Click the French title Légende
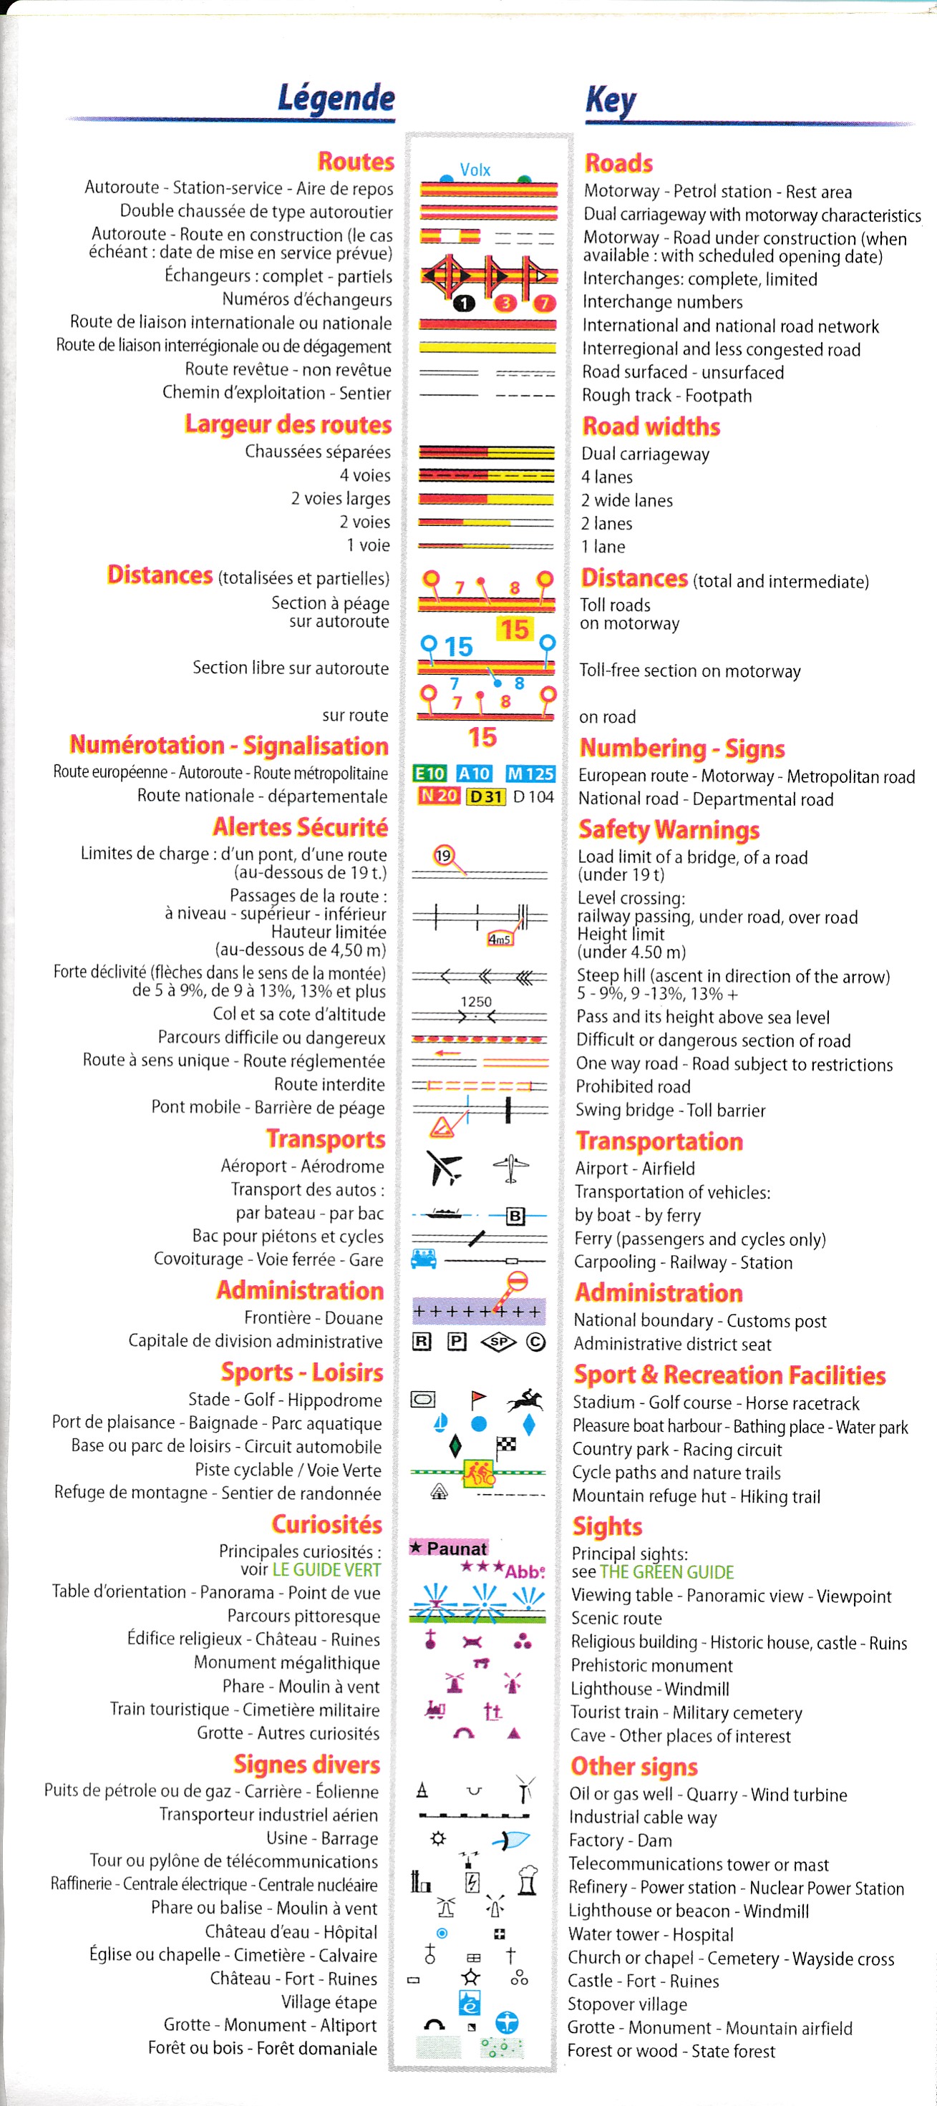336,97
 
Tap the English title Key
610,99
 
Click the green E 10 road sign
429,774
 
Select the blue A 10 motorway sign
474,774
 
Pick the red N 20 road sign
438,796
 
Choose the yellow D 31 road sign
485,796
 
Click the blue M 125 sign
530,774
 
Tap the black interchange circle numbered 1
464,303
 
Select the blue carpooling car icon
424,1259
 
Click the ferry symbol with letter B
515,1216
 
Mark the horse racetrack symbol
525,1400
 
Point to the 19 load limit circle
443,856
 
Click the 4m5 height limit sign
499,940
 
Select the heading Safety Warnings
669,830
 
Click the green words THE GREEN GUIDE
666,1572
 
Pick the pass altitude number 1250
476,1002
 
